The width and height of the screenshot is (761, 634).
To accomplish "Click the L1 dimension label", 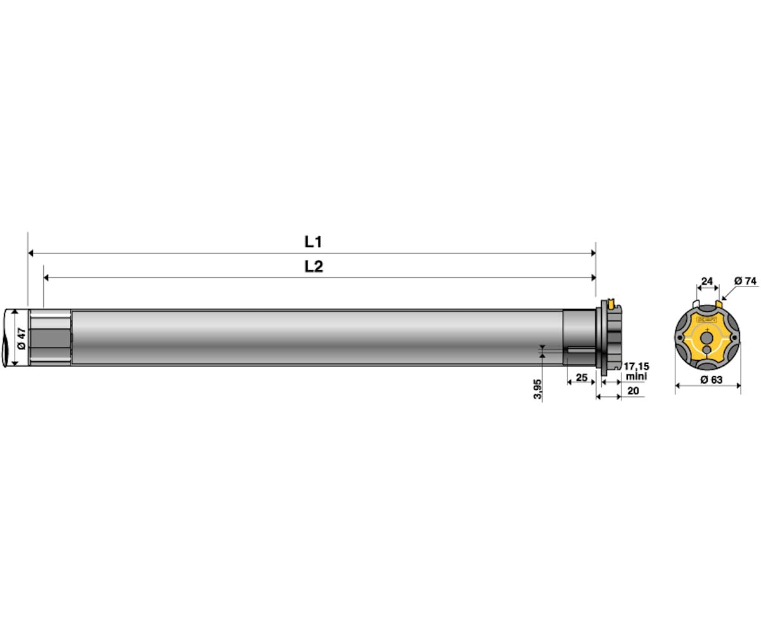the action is (x=313, y=242).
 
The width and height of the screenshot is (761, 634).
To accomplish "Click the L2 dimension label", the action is (x=314, y=267).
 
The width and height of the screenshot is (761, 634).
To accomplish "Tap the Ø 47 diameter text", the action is (x=22, y=338).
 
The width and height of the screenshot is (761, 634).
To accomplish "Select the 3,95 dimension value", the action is (x=538, y=389).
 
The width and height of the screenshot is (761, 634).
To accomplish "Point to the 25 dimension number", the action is (x=582, y=377).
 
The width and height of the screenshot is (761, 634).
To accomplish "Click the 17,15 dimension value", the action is (x=636, y=366).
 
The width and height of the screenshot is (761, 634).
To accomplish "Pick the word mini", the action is (x=636, y=376).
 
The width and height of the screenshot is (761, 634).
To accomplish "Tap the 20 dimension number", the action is (x=633, y=391).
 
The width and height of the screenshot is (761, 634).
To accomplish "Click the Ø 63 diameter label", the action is (x=712, y=380).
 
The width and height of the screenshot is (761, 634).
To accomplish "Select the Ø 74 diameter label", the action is (x=745, y=281).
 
